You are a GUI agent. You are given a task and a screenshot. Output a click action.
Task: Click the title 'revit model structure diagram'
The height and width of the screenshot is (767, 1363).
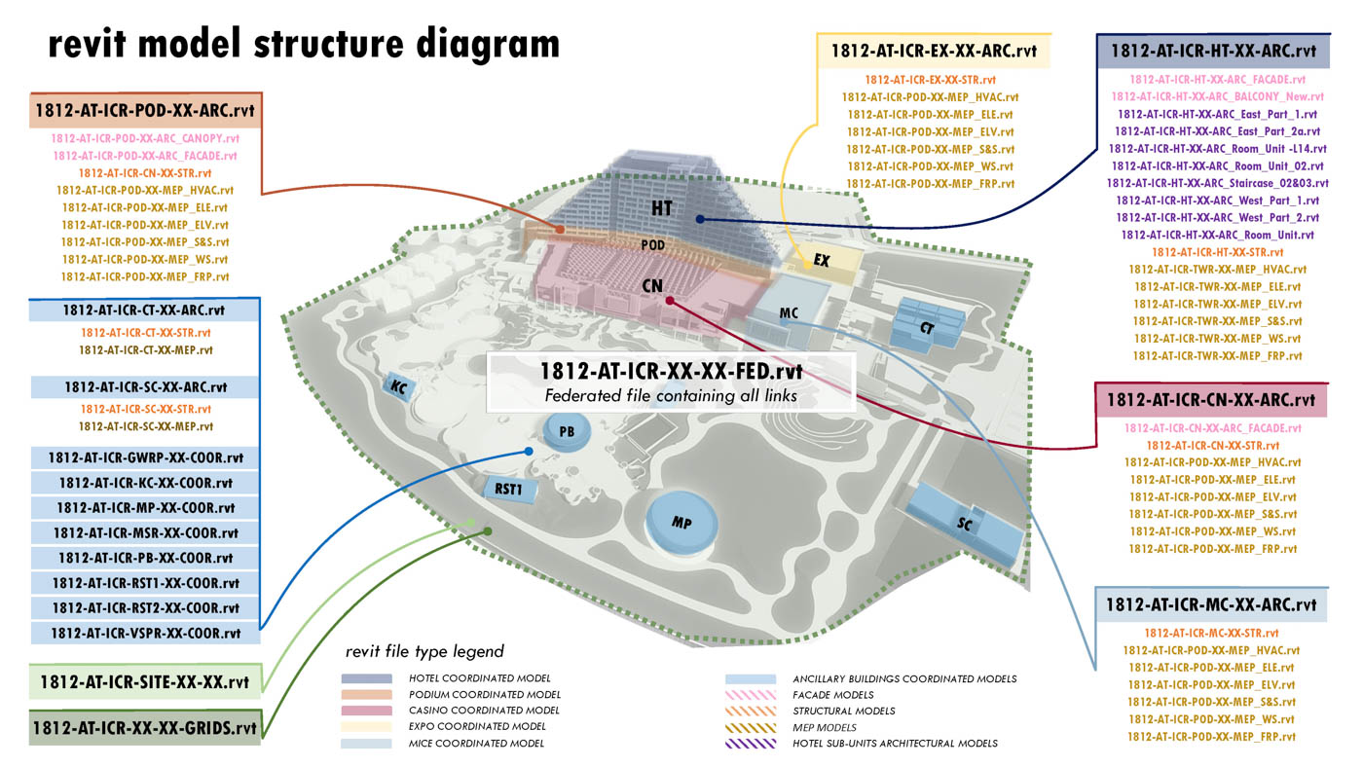(304, 44)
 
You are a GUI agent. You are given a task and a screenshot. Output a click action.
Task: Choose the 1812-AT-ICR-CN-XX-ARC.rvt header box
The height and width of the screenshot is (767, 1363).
(1210, 399)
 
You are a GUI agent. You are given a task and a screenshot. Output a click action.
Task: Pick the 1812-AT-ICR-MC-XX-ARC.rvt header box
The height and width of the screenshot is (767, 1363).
(1210, 604)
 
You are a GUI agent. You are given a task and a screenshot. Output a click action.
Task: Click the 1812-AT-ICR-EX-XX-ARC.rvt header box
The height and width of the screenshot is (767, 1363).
(934, 51)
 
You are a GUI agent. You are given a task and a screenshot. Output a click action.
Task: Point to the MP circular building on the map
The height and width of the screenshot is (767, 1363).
(681, 522)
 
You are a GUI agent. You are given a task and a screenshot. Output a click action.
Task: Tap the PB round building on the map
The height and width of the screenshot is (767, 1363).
(567, 430)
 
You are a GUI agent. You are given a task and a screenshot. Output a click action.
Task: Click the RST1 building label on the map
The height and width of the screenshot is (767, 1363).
(509, 489)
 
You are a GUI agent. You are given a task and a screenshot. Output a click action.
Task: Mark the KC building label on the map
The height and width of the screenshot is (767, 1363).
(398, 386)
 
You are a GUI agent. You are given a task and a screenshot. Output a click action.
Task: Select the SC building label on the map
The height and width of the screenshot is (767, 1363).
(965, 523)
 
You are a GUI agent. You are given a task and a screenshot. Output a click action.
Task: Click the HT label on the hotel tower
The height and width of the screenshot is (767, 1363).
(663, 207)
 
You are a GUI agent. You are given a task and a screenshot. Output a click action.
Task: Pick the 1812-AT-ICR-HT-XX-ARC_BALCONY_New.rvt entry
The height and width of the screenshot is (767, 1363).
(1217, 96)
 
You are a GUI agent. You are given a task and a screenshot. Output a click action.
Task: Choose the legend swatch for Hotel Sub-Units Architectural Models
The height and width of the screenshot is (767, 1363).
(750, 744)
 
